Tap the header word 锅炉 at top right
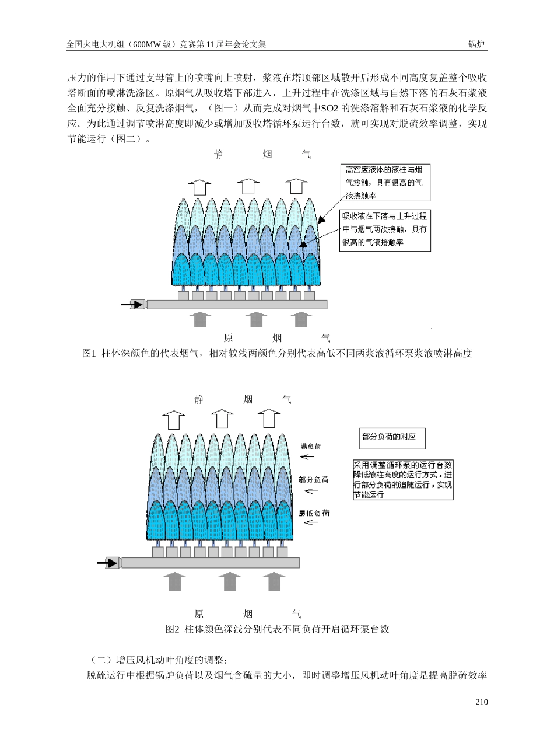(477, 44)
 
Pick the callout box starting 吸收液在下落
(385, 231)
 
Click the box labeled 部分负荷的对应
(391, 437)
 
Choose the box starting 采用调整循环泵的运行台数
(402, 480)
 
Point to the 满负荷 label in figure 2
(310, 446)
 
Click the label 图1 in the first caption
(89, 353)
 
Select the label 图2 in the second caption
(172, 629)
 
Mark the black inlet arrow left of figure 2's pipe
(108, 563)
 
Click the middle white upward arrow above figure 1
(248, 186)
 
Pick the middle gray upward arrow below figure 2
(229, 581)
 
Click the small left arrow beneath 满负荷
(307, 456)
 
